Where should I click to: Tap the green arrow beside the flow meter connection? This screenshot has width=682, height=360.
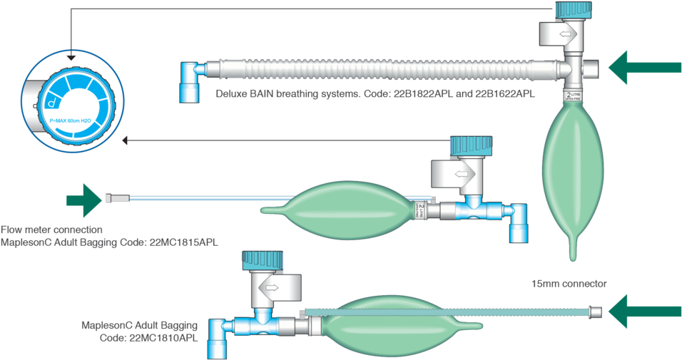coord(84,200)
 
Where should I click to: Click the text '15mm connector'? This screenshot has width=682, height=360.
coord(569,284)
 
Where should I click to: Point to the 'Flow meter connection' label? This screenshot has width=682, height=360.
coord(51,230)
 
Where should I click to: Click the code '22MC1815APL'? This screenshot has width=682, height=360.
coord(185,242)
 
